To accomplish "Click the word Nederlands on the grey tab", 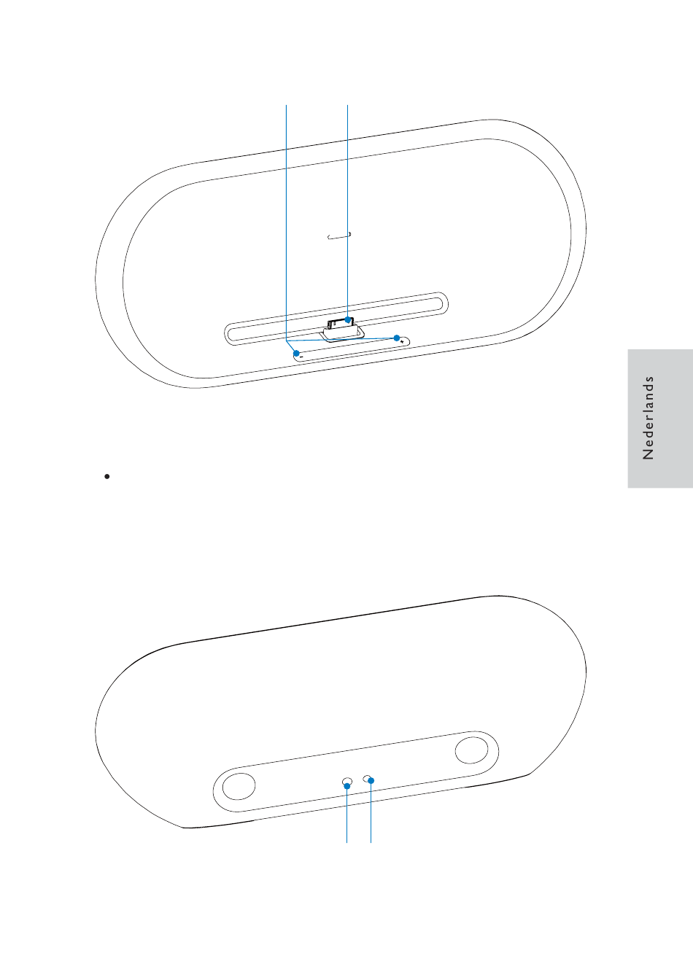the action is tap(648, 418).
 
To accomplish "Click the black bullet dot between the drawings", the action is tap(107, 476).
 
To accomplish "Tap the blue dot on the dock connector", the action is tap(348, 320).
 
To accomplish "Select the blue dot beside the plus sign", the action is tap(396, 338).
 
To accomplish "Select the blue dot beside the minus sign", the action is tap(296, 353).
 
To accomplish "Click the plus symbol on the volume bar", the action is tap(402, 343).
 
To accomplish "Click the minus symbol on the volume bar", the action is tap(301, 357).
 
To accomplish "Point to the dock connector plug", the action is tap(341, 324).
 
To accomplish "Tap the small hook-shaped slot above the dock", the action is tap(339, 236).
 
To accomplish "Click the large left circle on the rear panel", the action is tap(239, 786).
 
